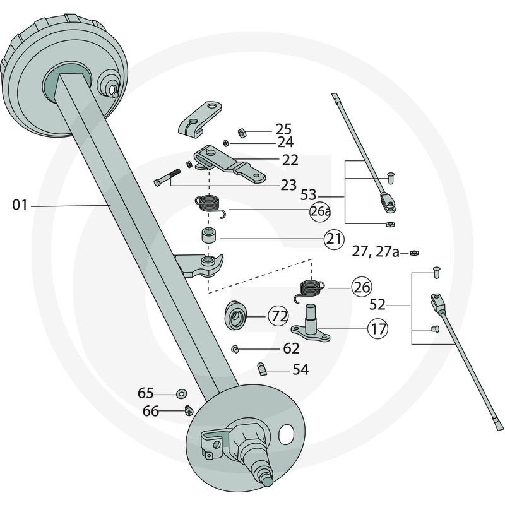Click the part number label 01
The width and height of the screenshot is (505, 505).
pyautogui.click(x=21, y=205)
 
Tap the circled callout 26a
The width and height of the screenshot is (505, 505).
pyautogui.click(x=320, y=210)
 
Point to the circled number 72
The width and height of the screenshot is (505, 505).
pyautogui.click(x=278, y=316)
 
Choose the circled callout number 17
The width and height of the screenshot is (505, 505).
pyautogui.click(x=379, y=328)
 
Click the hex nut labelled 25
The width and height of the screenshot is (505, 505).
pyautogui.click(x=241, y=133)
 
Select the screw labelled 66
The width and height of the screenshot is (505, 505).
pyautogui.click(x=187, y=410)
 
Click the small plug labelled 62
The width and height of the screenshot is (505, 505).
pyautogui.click(x=235, y=348)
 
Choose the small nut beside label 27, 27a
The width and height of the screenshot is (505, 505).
pyautogui.click(x=413, y=253)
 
